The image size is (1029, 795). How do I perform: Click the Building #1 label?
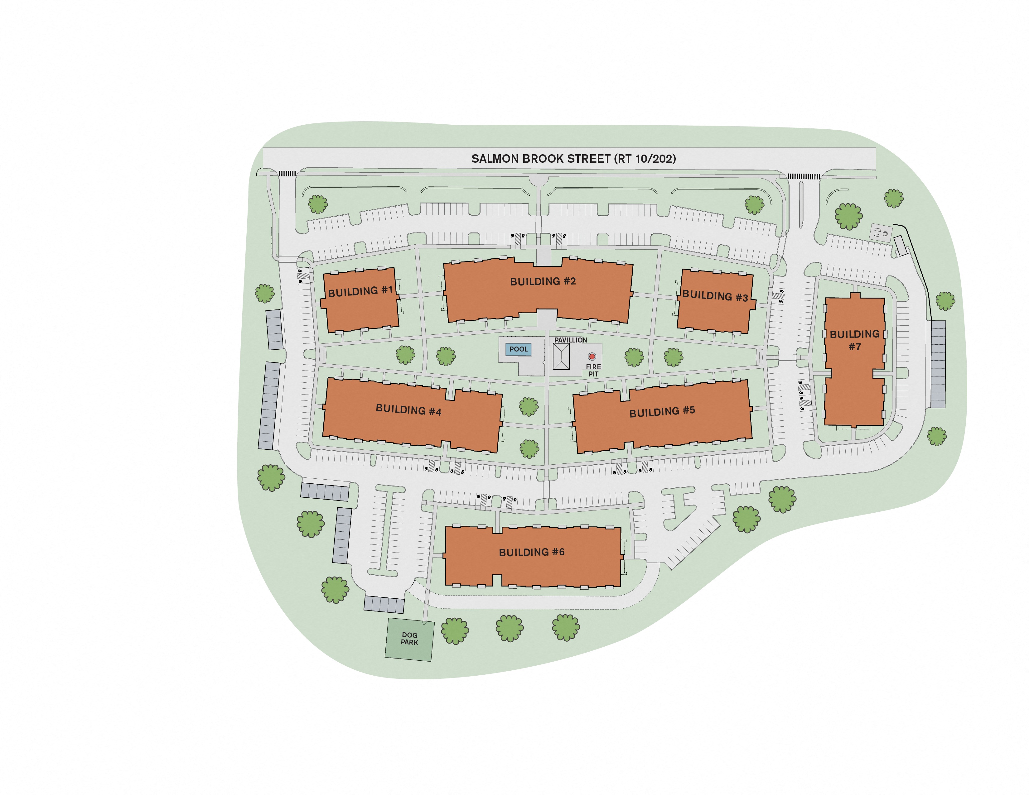[x=360, y=291]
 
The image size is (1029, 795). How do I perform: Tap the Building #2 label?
[x=543, y=281]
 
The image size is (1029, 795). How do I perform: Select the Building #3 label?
[x=715, y=296]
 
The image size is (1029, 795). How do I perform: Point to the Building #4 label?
[x=408, y=410]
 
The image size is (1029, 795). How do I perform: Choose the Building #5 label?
[x=662, y=412]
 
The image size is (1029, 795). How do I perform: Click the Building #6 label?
[x=531, y=552]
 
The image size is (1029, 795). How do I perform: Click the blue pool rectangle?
[x=518, y=349]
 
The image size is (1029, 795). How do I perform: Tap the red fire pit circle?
[x=592, y=357]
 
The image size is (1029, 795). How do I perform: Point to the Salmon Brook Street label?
[x=573, y=159]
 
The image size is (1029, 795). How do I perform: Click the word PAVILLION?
[x=570, y=340]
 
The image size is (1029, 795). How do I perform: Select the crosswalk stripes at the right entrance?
[x=804, y=177]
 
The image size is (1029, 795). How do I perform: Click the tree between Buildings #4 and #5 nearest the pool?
[x=529, y=406]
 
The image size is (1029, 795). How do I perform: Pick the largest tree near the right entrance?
[x=848, y=216]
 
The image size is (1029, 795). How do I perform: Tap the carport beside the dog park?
[x=384, y=605]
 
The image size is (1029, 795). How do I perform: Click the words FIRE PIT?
[x=593, y=370]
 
